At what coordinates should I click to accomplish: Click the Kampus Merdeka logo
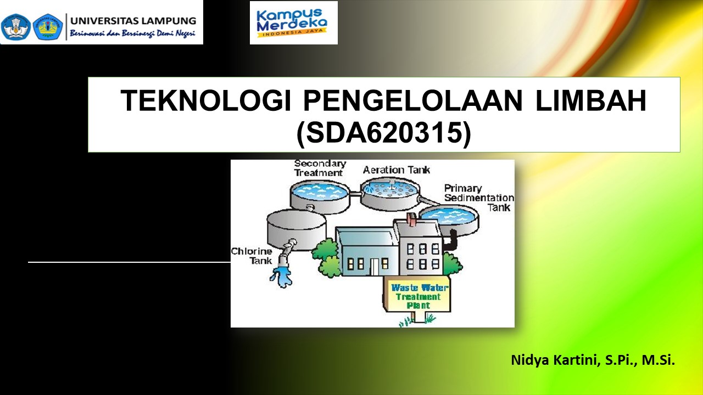293,22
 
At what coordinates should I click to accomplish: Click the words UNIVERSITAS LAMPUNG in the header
133,21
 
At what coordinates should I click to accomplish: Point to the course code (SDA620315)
383,134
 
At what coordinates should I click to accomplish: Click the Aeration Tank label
397,170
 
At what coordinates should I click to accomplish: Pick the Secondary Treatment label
319,168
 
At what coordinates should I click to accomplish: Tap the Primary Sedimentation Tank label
478,198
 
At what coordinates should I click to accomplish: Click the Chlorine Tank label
252,256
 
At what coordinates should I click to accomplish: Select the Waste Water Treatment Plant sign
420,296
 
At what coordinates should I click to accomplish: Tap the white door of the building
375,267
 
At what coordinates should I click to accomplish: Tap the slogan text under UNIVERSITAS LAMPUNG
132,34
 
